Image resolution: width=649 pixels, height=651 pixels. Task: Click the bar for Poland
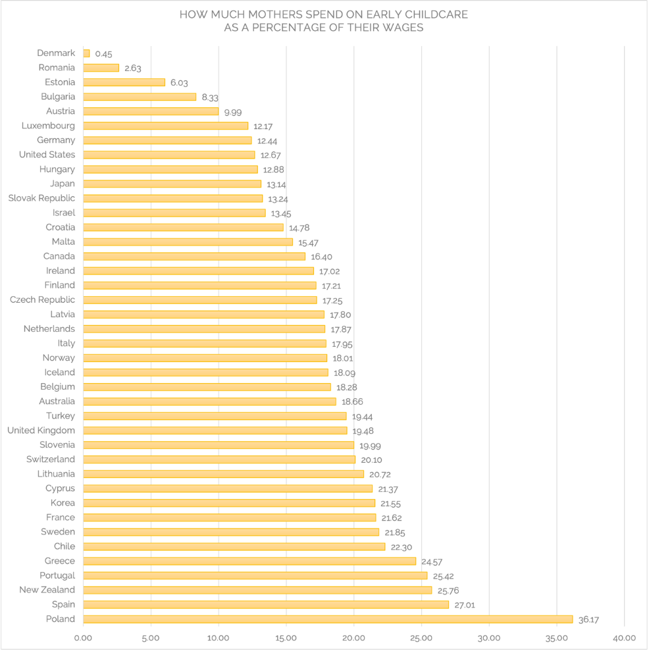tap(328, 619)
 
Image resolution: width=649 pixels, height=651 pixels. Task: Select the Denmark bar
tap(86, 53)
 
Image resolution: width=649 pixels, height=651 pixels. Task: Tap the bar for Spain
tap(266, 604)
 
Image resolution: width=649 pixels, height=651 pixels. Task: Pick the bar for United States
tap(169, 155)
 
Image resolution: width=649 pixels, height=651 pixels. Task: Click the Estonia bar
tap(124, 82)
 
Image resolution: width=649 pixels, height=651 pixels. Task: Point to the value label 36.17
tap(588, 620)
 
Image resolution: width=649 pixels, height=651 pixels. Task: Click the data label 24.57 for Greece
tap(432, 562)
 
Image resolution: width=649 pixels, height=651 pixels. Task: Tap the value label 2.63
tap(133, 68)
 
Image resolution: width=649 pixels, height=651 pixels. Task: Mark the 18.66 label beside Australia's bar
tap(352, 402)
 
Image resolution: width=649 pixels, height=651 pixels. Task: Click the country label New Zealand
tap(47, 590)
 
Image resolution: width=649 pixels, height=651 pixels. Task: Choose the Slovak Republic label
tap(41, 198)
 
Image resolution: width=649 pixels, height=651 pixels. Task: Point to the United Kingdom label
tap(41, 430)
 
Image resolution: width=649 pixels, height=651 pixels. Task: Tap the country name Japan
tap(63, 184)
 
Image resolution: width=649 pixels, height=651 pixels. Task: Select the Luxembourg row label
tap(48, 126)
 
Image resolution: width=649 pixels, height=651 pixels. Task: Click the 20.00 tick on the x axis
tap(353, 638)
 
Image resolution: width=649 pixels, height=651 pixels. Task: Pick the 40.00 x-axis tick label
tap(624, 638)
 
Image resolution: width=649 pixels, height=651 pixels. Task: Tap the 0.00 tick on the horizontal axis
tap(83, 638)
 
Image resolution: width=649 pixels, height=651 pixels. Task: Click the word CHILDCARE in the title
tap(434, 14)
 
